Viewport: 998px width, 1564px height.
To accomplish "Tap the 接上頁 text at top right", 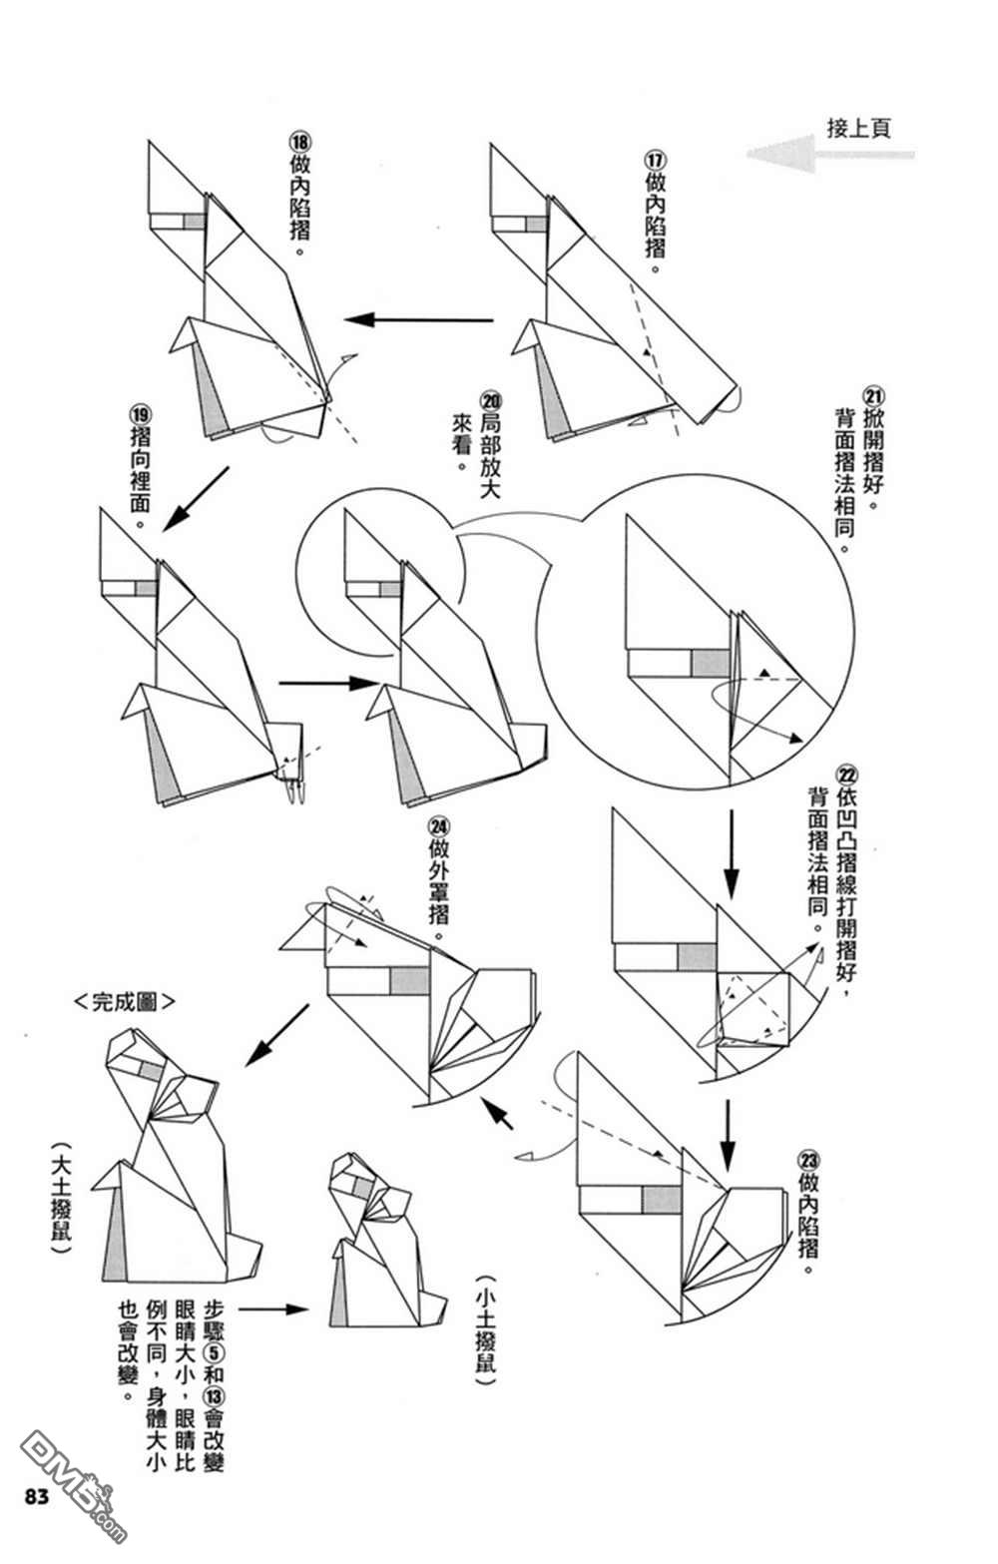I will click(858, 128).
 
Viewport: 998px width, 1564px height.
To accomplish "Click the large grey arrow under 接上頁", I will click(829, 155).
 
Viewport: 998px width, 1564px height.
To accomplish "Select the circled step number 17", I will click(655, 160).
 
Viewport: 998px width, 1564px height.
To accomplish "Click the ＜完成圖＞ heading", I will click(125, 1001).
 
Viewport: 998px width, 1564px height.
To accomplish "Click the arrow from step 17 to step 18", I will click(419, 320).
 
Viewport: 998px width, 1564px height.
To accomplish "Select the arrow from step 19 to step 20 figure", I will click(327, 684).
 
